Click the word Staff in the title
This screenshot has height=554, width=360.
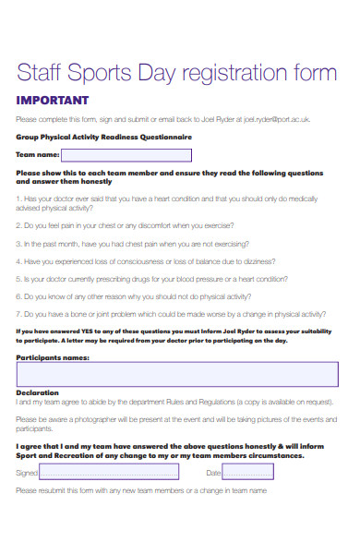pyautogui.click(x=42, y=73)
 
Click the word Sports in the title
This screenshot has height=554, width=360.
pyautogui.click(x=102, y=73)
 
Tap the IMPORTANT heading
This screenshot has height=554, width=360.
pyautogui.click(x=53, y=100)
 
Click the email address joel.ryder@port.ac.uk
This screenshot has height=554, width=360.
pyautogui.click(x=276, y=119)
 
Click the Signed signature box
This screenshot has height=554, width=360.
pyautogui.click(x=109, y=472)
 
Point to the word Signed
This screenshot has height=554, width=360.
pyautogui.click(x=27, y=473)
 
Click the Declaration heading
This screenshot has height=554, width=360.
pyautogui.click(x=37, y=392)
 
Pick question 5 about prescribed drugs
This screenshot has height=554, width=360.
pyautogui.click(x=157, y=279)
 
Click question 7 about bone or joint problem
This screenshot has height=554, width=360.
pyautogui.click(x=175, y=314)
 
